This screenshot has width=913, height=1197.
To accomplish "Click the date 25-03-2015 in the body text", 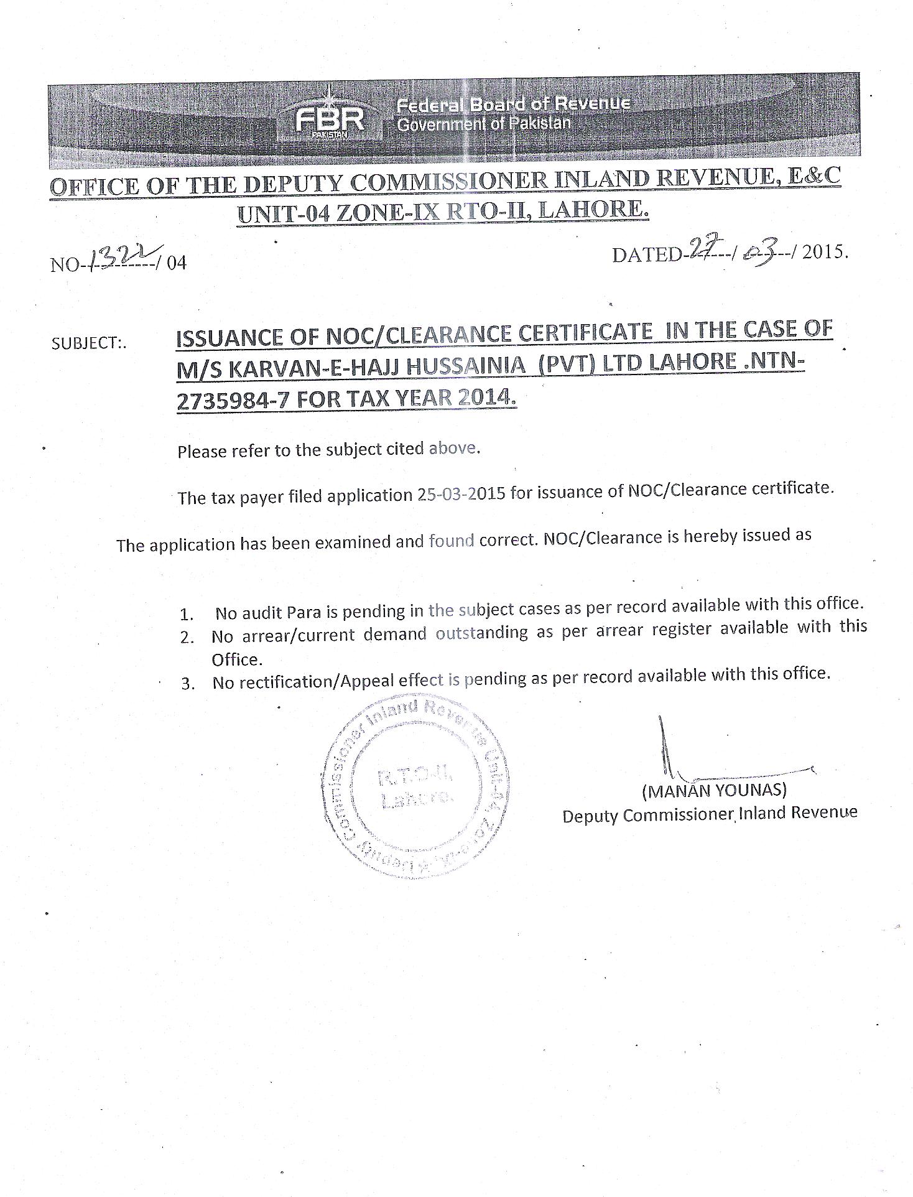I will (x=461, y=494).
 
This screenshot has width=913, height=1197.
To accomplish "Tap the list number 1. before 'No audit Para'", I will (x=187, y=615).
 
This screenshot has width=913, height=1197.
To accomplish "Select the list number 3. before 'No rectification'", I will (x=188, y=684).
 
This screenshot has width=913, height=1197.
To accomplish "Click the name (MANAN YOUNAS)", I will (x=715, y=790).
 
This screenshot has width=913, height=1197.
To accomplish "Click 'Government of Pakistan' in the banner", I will (x=483, y=124).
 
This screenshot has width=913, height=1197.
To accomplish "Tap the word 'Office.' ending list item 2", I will (x=236, y=659).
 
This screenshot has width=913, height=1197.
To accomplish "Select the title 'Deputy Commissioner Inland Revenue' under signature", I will (x=710, y=814).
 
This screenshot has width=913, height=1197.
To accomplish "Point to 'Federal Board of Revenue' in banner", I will (x=513, y=104).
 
